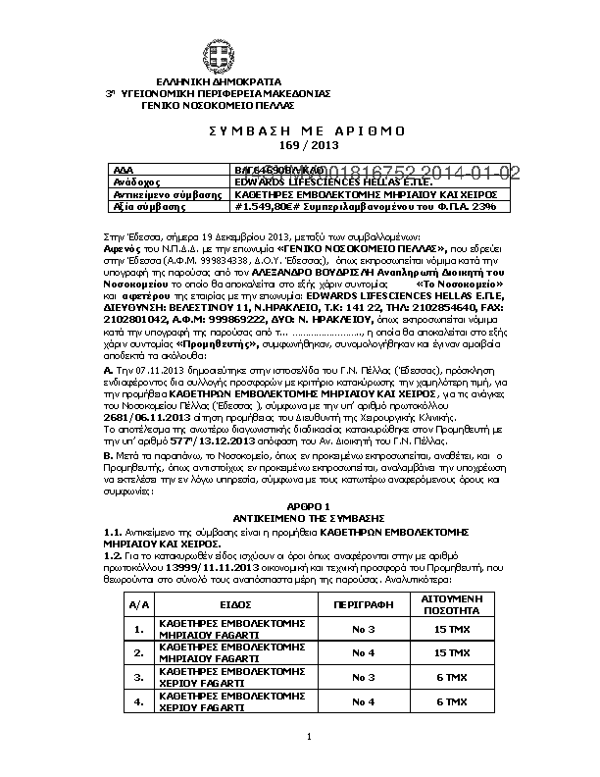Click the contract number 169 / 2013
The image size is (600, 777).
coord(300,145)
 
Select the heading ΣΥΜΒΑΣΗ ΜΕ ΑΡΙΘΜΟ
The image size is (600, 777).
coord(300,131)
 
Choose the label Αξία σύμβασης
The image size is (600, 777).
coord(143,207)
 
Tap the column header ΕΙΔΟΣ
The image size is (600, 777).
coord(218,604)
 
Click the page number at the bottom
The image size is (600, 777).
coord(309,736)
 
